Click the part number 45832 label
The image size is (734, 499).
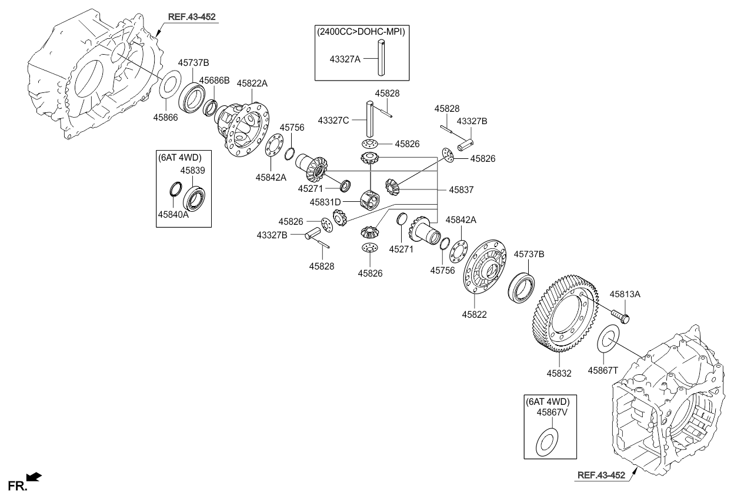click(x=559, y=372)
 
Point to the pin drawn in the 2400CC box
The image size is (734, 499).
click(x=382, y=57)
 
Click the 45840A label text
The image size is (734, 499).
click(x=173, y=215)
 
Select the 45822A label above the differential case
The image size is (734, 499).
click(x=252, y=84)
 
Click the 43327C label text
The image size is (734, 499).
click(x=333, y=120)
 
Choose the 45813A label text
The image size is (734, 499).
click(x=625, y=294)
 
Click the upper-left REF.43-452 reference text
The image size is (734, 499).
click(x=192, y=17)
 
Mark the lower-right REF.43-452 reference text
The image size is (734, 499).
click(x=601, y=475)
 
